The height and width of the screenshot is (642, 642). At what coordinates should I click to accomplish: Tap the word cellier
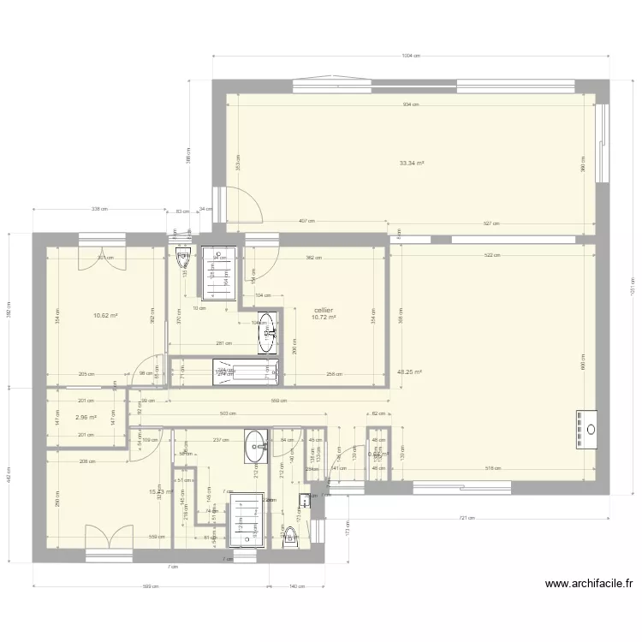[324, 310]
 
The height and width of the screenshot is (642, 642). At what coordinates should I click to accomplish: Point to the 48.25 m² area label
[408, 372]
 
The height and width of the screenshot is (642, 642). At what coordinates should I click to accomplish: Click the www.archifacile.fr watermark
[589, 585]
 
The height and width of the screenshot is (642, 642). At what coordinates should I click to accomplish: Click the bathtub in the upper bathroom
[246, 371]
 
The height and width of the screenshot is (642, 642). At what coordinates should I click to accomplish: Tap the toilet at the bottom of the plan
[289, 534]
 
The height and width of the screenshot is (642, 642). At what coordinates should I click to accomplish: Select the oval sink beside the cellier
[268, 332]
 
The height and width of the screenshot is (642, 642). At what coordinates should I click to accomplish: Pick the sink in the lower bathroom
[255, 443]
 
